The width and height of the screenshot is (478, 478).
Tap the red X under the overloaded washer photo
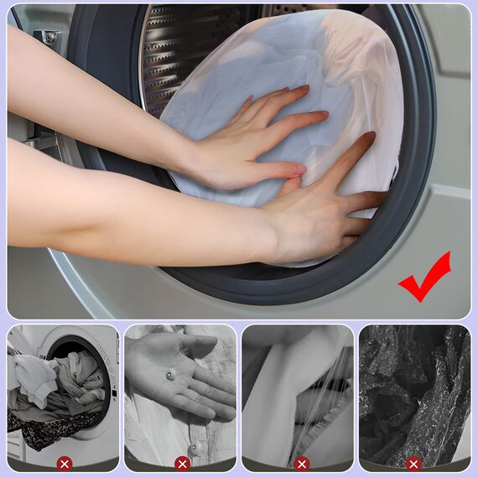(64, 464)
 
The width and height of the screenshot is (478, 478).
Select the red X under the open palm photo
(182, 464)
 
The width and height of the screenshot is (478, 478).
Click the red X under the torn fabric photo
(302, 464)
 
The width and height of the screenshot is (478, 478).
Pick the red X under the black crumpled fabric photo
(414, 464)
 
